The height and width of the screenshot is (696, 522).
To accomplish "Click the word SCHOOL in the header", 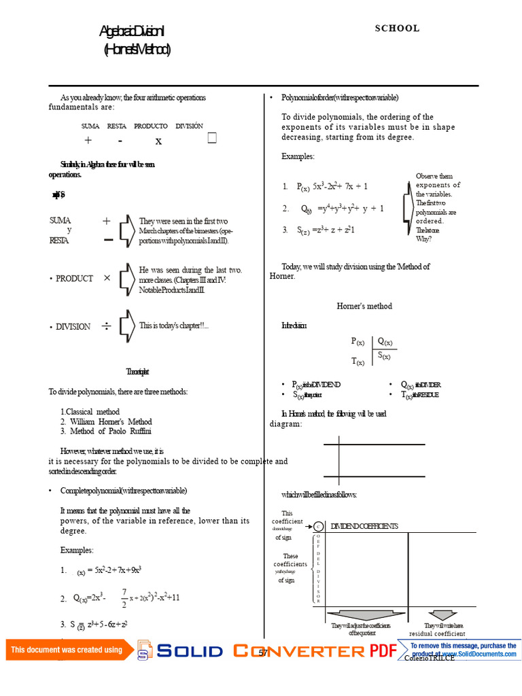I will pos(397,29).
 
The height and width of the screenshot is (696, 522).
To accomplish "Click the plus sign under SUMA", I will pos(88,141).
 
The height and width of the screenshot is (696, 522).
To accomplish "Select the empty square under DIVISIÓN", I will pos(212,139).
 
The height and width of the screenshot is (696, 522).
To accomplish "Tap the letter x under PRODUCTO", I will pos(158,141).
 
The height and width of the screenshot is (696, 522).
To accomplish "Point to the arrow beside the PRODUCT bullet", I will pos(126,278).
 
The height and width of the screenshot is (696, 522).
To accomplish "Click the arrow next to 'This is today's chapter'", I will pos(126,326).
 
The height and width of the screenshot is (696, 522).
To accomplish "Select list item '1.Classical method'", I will pos(90,412).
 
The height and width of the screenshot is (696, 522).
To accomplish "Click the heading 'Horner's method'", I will pos(364,307).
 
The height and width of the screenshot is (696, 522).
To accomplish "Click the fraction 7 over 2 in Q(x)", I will pos(124,598).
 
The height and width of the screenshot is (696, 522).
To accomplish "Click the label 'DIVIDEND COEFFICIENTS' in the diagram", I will pos(364,526).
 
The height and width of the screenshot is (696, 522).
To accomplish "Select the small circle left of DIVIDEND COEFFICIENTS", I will pos(318,526).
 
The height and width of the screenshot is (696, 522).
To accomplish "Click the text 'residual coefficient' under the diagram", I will pos(437,633).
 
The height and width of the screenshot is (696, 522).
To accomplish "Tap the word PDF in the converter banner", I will pos(383,651).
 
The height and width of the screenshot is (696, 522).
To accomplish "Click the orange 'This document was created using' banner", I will pos(67,650).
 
